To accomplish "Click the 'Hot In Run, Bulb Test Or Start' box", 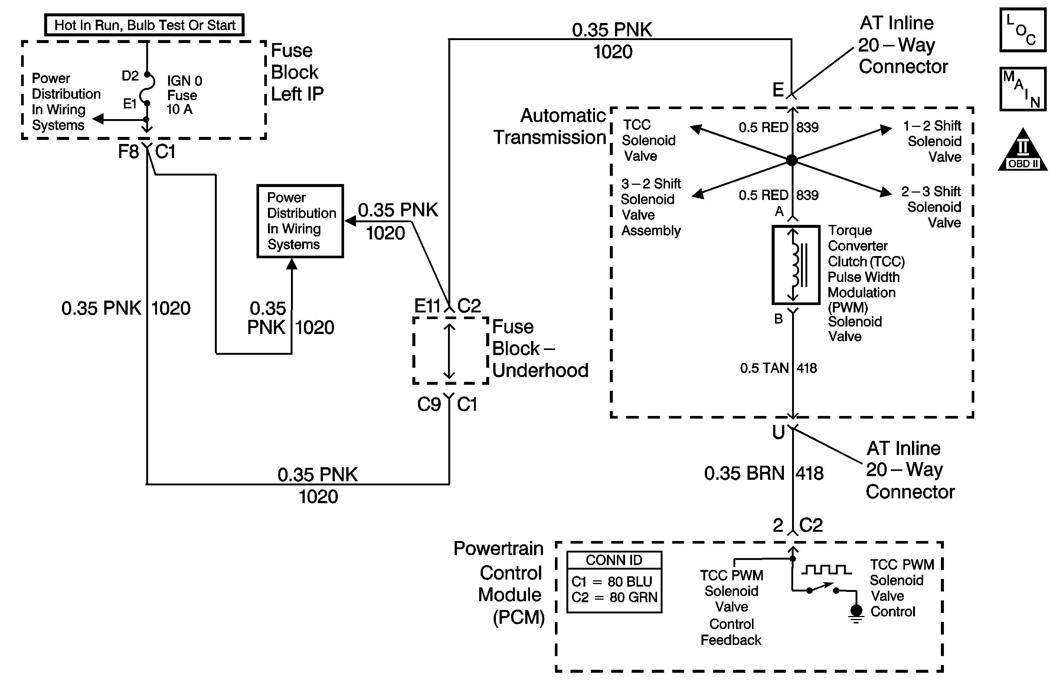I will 144,25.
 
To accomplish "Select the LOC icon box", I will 1023,30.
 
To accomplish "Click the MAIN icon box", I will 1023,89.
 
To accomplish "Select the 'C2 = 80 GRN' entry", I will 614,597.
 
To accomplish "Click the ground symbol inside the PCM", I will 856,613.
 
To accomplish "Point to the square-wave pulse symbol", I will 826,570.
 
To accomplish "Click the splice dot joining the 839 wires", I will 792,160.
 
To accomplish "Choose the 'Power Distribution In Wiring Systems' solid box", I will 300,221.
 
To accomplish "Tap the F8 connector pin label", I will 128,152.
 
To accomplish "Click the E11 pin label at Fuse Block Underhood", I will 427,305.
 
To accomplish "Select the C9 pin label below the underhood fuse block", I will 429,404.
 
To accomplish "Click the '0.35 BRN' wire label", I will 744,473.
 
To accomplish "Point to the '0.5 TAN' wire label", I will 764,368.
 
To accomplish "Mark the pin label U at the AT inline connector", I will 778,432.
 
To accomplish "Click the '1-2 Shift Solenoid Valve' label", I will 933,141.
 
